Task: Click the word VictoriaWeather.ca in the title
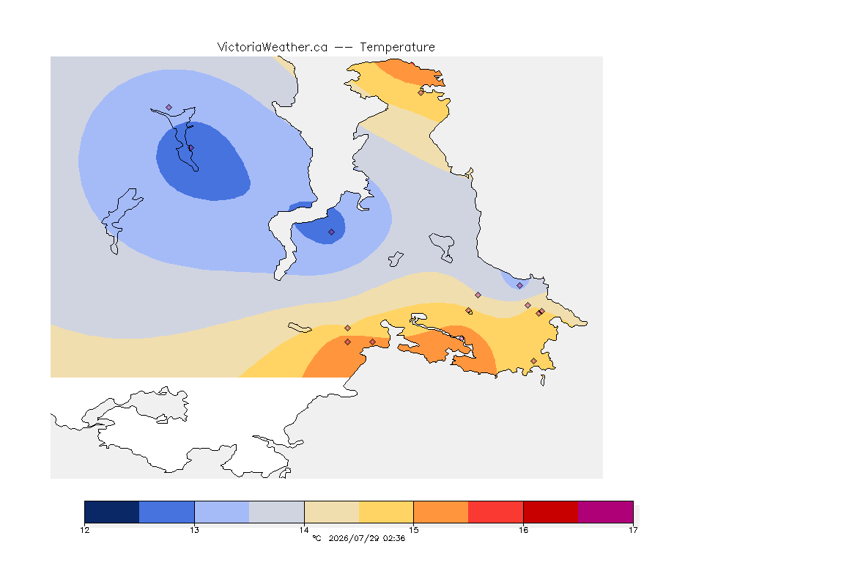(273, 48)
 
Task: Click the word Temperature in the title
(397, 48)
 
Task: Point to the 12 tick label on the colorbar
(84, 530)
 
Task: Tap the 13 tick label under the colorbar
(194, 530)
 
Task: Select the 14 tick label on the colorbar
(304, 530)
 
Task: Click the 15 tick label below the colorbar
(413, 530)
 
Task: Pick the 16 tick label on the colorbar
(523, 530)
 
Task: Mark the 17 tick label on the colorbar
(633, 530)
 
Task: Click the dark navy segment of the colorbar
(112, 512)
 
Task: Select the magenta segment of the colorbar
(606, 512)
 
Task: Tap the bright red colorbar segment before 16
(496, 512)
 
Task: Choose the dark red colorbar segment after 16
(551, 512)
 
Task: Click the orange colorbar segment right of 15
(441, 512)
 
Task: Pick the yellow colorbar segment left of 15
(386, 512)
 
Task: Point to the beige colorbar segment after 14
(332, 512)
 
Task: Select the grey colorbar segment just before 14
(277, 512)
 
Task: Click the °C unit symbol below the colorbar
(317, 538)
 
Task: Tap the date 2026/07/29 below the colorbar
(353, 538)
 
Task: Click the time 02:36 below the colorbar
(394, 538)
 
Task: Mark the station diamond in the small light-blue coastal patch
(519, 286)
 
